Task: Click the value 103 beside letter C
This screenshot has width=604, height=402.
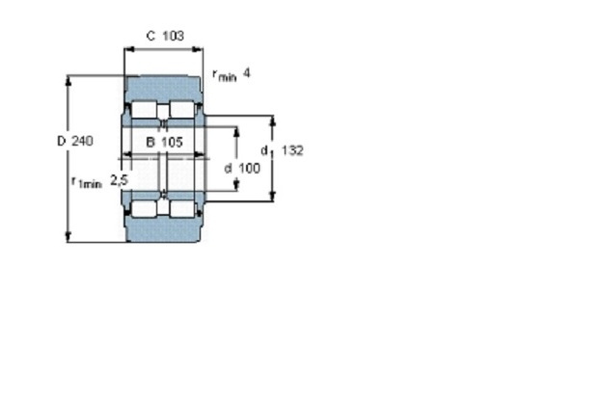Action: tap(173, 36)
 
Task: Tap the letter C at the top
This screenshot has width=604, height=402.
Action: tap(151, 36)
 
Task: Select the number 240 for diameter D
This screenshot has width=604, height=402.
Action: tap(82, 141)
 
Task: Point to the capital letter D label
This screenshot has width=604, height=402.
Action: tap(62, 141)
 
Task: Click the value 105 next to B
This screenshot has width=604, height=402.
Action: tap(172, 142)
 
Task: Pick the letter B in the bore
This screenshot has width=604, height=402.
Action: tap(151, 142)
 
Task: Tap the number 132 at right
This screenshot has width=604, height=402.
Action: tap(292, 150)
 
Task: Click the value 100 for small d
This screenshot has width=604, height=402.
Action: tap(249, 168)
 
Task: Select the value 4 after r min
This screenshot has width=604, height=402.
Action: tap(247, 72)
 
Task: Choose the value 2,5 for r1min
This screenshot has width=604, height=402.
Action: tap(119, 180)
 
